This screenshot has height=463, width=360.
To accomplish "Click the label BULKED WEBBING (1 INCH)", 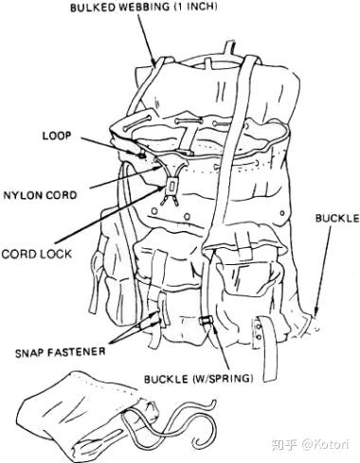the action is (x=143, y=8).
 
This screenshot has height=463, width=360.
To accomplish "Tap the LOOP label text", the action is (x=57, y=135).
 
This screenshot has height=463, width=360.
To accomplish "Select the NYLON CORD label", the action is (x=40, y=195).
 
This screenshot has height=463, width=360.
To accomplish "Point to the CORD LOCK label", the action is (x=37, y=254).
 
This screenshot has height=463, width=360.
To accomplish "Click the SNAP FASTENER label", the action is (x=60, y=351).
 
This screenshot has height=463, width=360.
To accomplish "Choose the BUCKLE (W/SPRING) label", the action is (x=199, y=379).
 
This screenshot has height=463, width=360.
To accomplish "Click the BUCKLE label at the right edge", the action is (x=337, y=219).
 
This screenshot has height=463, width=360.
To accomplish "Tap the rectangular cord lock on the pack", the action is (x=171, y=186).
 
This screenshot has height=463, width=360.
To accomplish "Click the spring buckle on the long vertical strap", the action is (x=207, y=320).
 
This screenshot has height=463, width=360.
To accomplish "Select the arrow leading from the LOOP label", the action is (x=112, y=147).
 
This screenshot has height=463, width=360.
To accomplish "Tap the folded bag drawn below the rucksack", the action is (x=85, y=417).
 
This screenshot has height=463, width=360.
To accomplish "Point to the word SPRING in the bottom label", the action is (x=231, y=379).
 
